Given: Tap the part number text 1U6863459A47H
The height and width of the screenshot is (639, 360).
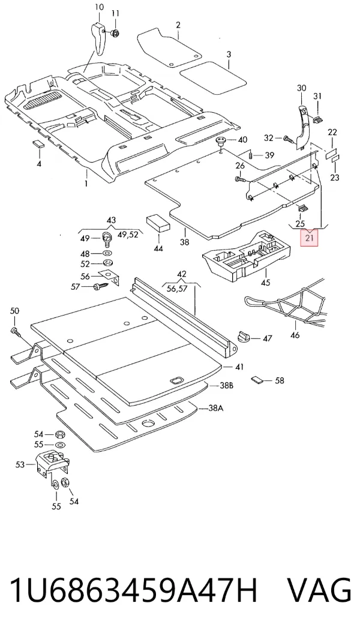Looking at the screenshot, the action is click(x=133, y=590).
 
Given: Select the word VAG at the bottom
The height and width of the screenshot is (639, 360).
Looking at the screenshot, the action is click(x=319, y=590).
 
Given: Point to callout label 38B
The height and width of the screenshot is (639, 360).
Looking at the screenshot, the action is click(x=226, y=385).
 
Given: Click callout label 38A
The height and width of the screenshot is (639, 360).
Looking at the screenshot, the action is click(x=215, y=408).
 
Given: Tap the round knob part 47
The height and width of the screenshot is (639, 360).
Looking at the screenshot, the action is click(x=243, y=338).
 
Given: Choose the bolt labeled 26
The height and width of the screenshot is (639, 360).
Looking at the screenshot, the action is click(x=240, y=179).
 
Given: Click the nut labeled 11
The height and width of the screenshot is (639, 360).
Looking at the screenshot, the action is click(x=115, y=32).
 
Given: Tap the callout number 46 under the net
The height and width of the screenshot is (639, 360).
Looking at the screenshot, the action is click(x=295, y=335).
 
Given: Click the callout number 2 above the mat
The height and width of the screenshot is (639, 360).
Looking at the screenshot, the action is click(x=178, y=25).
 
